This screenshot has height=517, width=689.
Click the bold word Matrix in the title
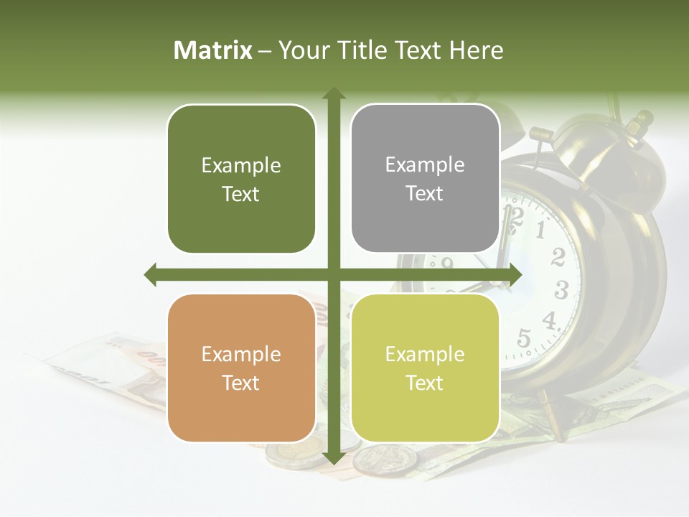[x=213, y=50]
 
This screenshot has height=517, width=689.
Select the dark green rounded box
[x=241, y=179]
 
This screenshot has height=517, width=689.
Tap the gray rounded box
[x=425, y=178]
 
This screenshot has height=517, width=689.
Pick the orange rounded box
[x=241, y=368]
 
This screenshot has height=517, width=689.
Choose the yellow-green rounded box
[x=425, y=368]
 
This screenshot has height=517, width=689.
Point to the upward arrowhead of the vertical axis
[x=333, y=94]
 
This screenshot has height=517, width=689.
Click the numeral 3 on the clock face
[x=561, y=289]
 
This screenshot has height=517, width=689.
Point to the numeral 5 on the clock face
[x=524, y=337]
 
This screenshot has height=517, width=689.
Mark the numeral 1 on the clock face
[x=540, y=230]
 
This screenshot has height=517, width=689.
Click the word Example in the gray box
[x=425, y=164]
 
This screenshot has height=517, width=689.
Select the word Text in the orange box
[x=241, y=383]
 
